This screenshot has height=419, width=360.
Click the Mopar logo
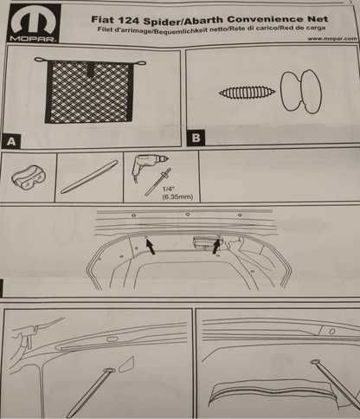pyautogui.click(x=35, y=24)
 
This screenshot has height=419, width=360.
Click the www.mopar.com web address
pyautogui.click(x=332, y=38)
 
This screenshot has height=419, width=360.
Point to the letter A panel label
pyautogui.click(x=11, y=141)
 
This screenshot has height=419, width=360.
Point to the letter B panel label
pyautogui.click(x=196, y=138)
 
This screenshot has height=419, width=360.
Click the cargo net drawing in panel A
pyautogui.click(x=90, y=90)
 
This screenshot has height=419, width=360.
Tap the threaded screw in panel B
pyautogui.click(x=247, y=93)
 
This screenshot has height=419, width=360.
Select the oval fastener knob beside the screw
pyautogui.click(x=301, y=91)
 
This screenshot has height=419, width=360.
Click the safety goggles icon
pyautogui.click(x=29, y=177)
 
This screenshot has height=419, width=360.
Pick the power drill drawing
pyautogui.click(x=148, y=167)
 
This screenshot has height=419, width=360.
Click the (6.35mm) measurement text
pyautogui.click(x=177, y=197)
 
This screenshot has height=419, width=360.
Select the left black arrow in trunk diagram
pyautogui.click(x=151, y=247)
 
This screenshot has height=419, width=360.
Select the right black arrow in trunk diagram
pyautogui.click(x=216, y=246)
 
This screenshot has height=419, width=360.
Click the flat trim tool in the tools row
pyautogui.click(x=89, y=177)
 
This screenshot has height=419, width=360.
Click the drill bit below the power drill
pyautogui.click(x=158, y=182)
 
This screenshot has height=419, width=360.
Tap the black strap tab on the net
pyautogui.click(x=92, y=69)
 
